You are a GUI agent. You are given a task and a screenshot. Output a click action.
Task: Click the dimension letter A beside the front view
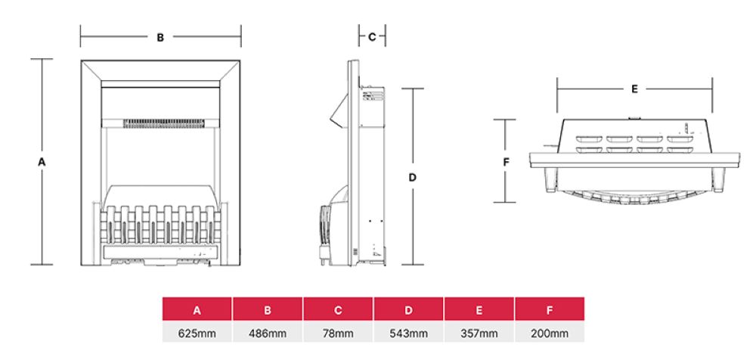(42, 162)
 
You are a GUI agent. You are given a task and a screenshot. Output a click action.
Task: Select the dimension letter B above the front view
(160, 37)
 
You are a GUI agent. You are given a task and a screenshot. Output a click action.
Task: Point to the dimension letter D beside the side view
(412, 178)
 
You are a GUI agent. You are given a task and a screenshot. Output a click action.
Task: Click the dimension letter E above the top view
(634, 89)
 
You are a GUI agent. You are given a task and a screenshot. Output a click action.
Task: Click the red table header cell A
(197, 310)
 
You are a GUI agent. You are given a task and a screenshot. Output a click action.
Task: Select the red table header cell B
(268, 310)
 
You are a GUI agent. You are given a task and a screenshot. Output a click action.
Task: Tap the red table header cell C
(338, 310)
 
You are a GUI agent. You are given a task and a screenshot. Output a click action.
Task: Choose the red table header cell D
(408, 310)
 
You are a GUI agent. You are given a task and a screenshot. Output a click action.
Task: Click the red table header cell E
(479, 310)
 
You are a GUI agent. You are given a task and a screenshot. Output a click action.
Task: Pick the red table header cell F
(549, 310)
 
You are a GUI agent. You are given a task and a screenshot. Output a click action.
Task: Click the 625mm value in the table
(197, 333)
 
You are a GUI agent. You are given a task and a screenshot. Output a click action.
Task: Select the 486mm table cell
(268, 333)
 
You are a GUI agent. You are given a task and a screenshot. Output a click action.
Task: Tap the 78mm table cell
(338, 333)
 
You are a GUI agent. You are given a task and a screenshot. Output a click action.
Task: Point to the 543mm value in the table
(408, 333)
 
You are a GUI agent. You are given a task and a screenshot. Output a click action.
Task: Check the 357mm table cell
(479, 333)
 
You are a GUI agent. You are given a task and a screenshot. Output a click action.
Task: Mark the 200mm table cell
(549, 333)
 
